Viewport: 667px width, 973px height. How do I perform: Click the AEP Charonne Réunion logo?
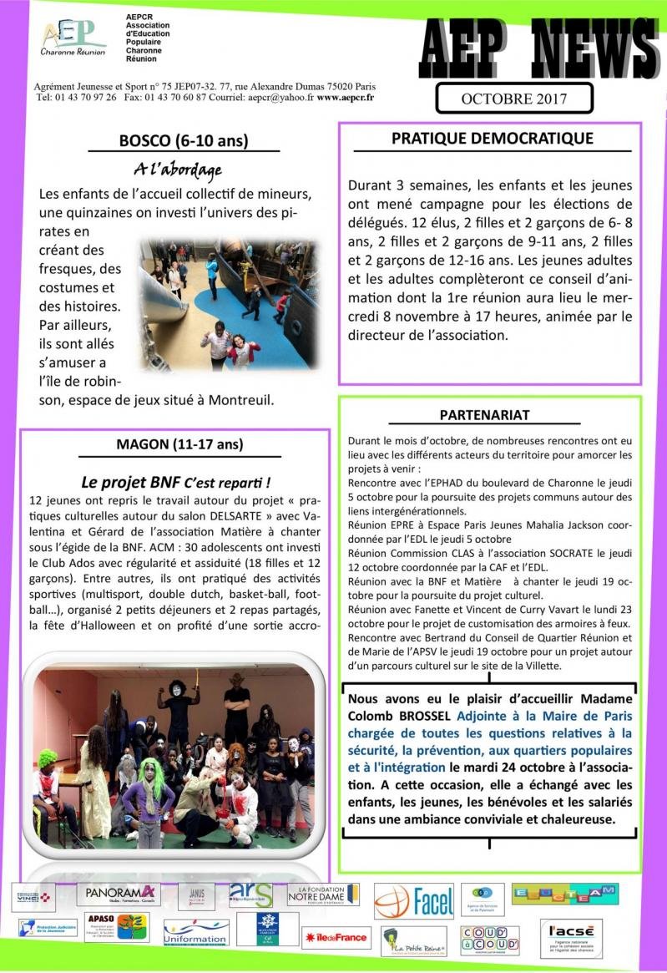pyautogui.click(x=73, y=38)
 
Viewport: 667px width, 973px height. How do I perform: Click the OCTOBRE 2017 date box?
pyautogui.click(x=513, y=99)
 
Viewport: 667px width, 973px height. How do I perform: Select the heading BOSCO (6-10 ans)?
pyautogui.click(x=183, y=141)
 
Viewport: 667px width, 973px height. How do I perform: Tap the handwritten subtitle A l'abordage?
pyautogui.click(x=178, y=170)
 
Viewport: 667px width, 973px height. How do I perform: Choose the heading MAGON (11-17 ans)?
pyautogui.click(x=180, y=444)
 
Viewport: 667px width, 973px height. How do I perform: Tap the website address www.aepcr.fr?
pyautogui.click(x=345, y=97)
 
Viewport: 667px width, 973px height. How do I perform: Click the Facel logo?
pyautogui.click(x=414, y=901)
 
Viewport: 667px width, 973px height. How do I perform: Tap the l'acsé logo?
pyautogui.click(x=570, y=938)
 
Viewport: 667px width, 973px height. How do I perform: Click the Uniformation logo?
pyautogui.click(x=196, y=934)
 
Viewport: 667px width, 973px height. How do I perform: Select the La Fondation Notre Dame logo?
pyautogui.click(x=323, y=894)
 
